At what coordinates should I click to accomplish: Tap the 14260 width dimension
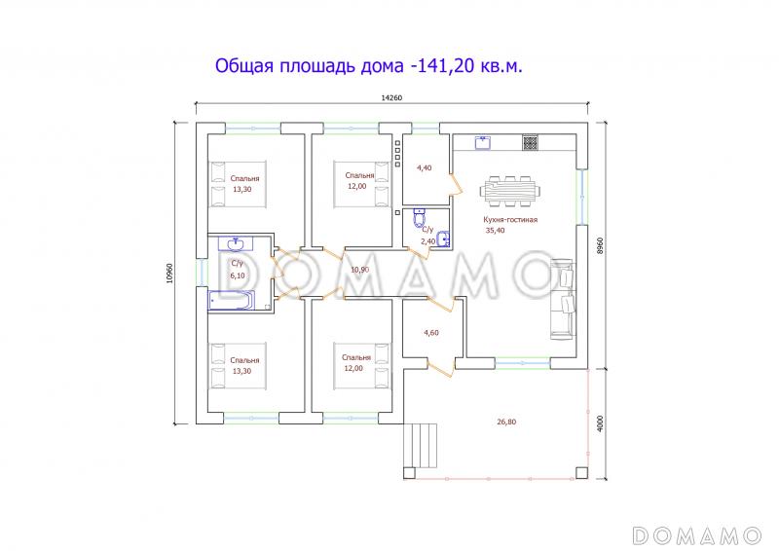pos(392,96)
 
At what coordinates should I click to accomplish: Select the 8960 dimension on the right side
pos(602,244)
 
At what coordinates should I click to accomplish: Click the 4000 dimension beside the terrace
pos(602,423)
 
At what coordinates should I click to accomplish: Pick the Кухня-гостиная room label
pos(510,220)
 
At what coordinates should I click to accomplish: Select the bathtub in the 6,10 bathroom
pos(232,302)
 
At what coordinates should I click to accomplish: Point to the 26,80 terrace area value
pos(506,422)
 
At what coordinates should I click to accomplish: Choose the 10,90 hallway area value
pos(359,270)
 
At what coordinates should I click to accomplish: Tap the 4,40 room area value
pos(424,168)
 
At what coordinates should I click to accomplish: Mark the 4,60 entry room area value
pos(431,334)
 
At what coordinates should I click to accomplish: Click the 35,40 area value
pos(495,231)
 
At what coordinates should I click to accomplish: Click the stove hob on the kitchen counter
pos(531,143)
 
